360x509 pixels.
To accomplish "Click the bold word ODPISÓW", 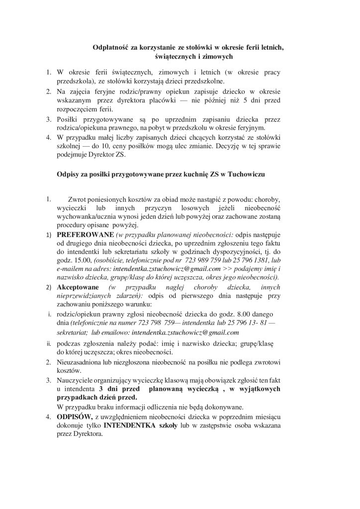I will point(73,416).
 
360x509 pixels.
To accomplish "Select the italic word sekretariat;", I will point(73,332).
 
